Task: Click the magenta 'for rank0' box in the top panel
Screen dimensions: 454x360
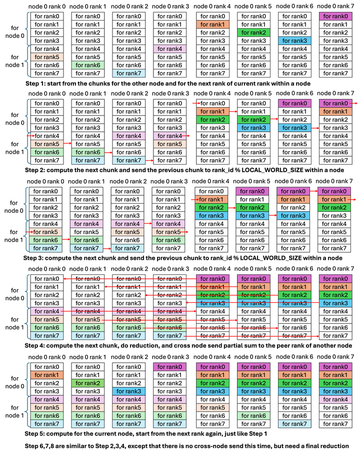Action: pyautogui.click(x=335, y=17)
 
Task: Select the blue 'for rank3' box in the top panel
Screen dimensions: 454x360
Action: pyautogui.click(x=294, y=41)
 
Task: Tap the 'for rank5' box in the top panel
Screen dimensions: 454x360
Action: pyautogui.click(x=46, y=57)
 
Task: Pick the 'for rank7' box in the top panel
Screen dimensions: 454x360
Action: pyautogui.click(x=128, y=74)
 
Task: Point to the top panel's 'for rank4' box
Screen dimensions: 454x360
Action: pyautogui.click(x=169, y=49)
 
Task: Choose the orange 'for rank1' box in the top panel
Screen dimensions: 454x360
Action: pyautogui.click(x=212, y=25)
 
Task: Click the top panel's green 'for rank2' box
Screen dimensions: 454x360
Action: pyautogui.click(x=253, y=33)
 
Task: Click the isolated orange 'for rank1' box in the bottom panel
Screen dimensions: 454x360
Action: pyautogui.click(x=46, y=375)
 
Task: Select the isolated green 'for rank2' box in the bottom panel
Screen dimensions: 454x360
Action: pyautogui.click(x=87, y=383)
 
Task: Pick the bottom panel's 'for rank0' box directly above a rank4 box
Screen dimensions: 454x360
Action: pyautogui.click(x=169, y=367)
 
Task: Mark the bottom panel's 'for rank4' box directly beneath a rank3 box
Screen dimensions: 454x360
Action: pyautogui.click(x=335, y=399)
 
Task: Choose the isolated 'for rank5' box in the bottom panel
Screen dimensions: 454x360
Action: pyautogui.click(x=212, y=407)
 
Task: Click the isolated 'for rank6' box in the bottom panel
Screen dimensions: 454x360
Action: pyautogui.click(x=253, y=416)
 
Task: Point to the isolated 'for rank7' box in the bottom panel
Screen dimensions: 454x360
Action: pyautogui.click(x=294, y=424)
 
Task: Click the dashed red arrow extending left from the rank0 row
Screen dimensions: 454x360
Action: pyautogui.click(x=130, y=279)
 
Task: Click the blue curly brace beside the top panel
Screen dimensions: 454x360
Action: pyautogui.click(x=28, y=45)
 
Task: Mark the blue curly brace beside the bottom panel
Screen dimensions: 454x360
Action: pyautogui.click(x=28, y=395)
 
